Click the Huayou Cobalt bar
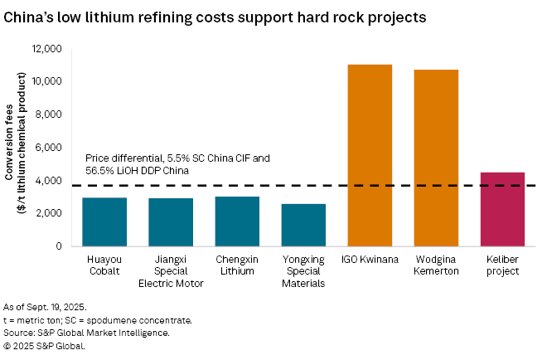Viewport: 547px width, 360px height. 104,221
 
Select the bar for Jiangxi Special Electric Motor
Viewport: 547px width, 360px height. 171,222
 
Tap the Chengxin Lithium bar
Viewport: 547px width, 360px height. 237,221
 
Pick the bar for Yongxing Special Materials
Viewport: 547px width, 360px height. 303,225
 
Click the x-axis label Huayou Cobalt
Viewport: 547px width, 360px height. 104,265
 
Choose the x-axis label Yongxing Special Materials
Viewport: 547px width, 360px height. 303,270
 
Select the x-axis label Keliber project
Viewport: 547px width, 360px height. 502,265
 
